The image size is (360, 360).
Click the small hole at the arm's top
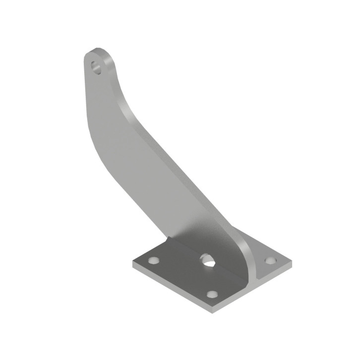click(96, 66)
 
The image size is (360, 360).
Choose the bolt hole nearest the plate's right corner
click(270, 260)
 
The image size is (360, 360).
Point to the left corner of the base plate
click(133, 263)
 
